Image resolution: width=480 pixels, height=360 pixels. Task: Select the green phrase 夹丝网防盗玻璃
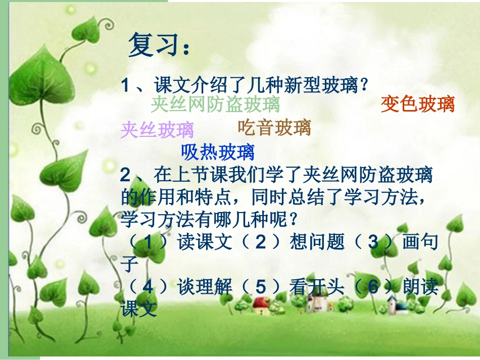coord(215,105)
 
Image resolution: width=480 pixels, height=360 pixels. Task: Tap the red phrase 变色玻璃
coord(417,104)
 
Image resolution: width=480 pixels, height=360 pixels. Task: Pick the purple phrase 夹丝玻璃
coord(157,130)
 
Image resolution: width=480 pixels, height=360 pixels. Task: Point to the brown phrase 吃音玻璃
coord(274,128)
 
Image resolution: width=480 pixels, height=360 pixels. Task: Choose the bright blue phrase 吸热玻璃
coord(218,151)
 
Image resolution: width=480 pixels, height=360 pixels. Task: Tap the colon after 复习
coord(186,48)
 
